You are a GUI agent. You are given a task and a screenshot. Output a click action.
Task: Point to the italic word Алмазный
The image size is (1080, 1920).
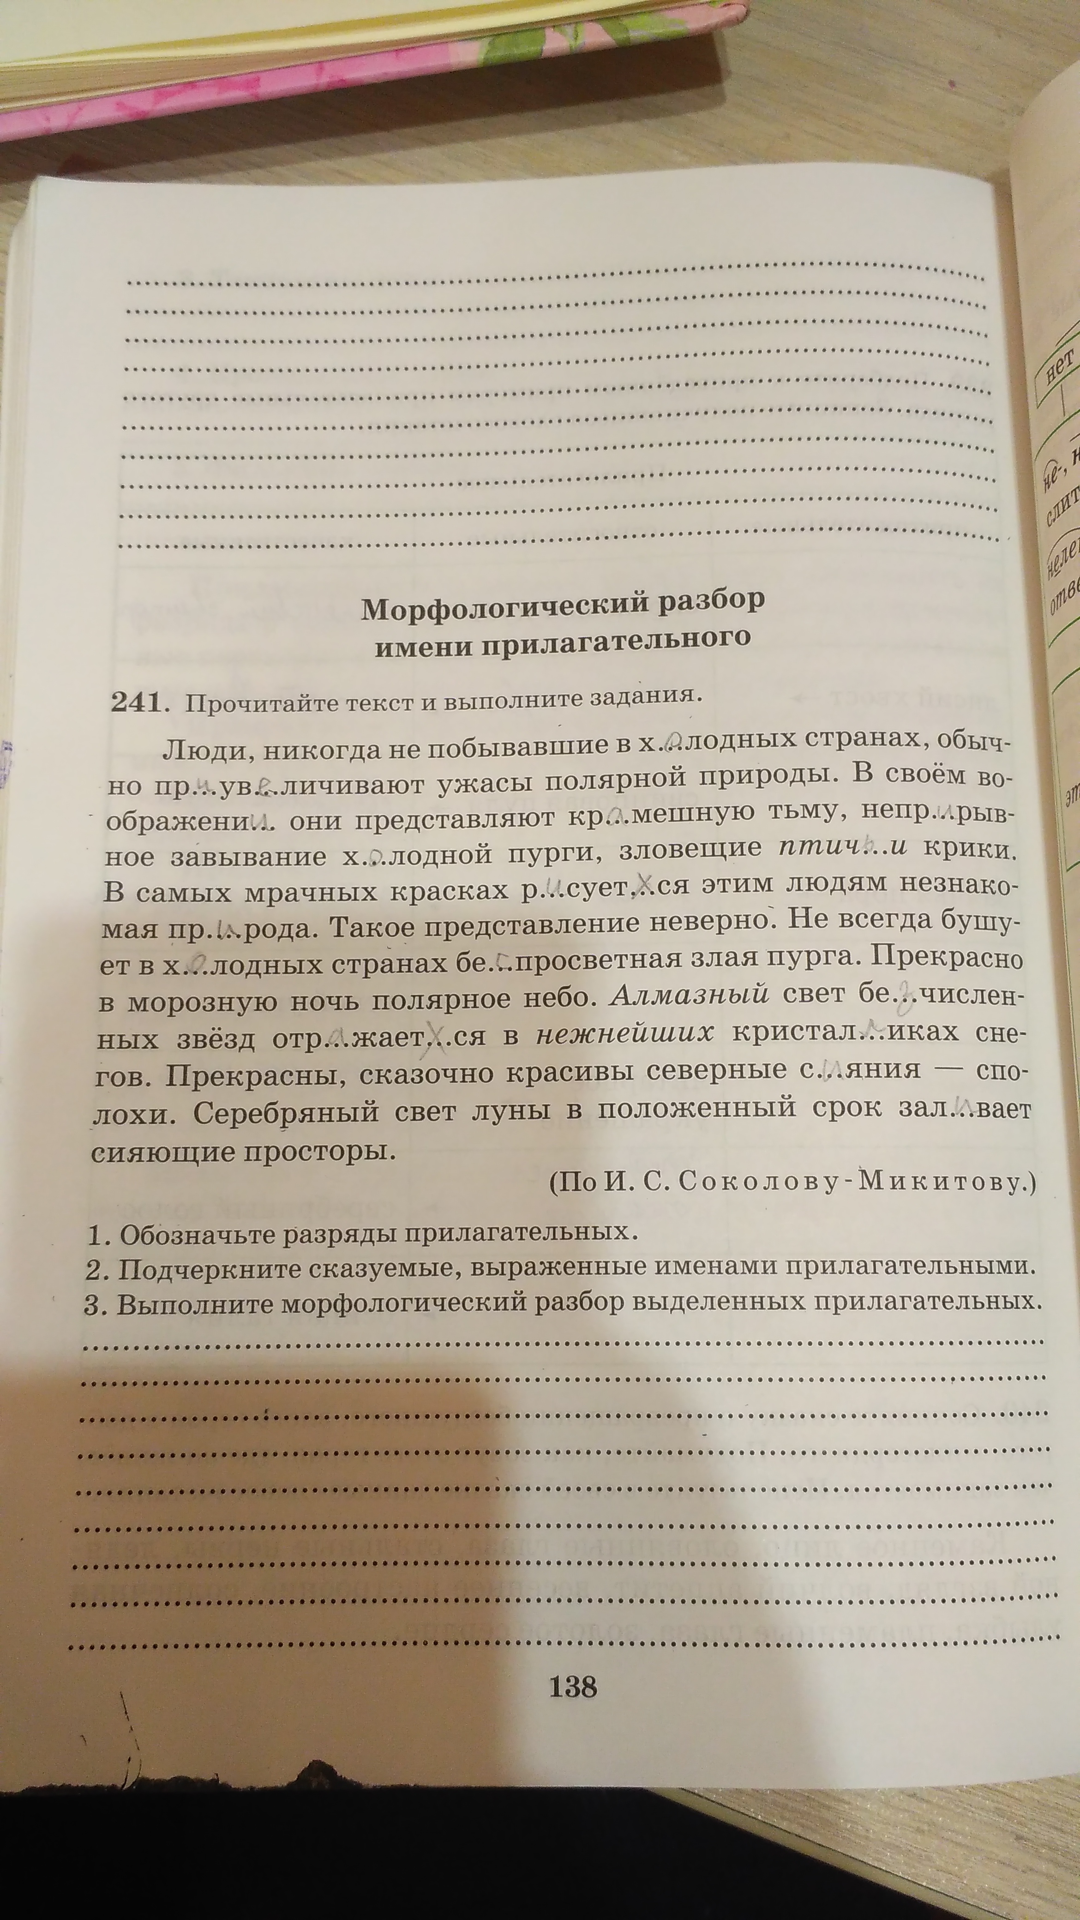[690, 994]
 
